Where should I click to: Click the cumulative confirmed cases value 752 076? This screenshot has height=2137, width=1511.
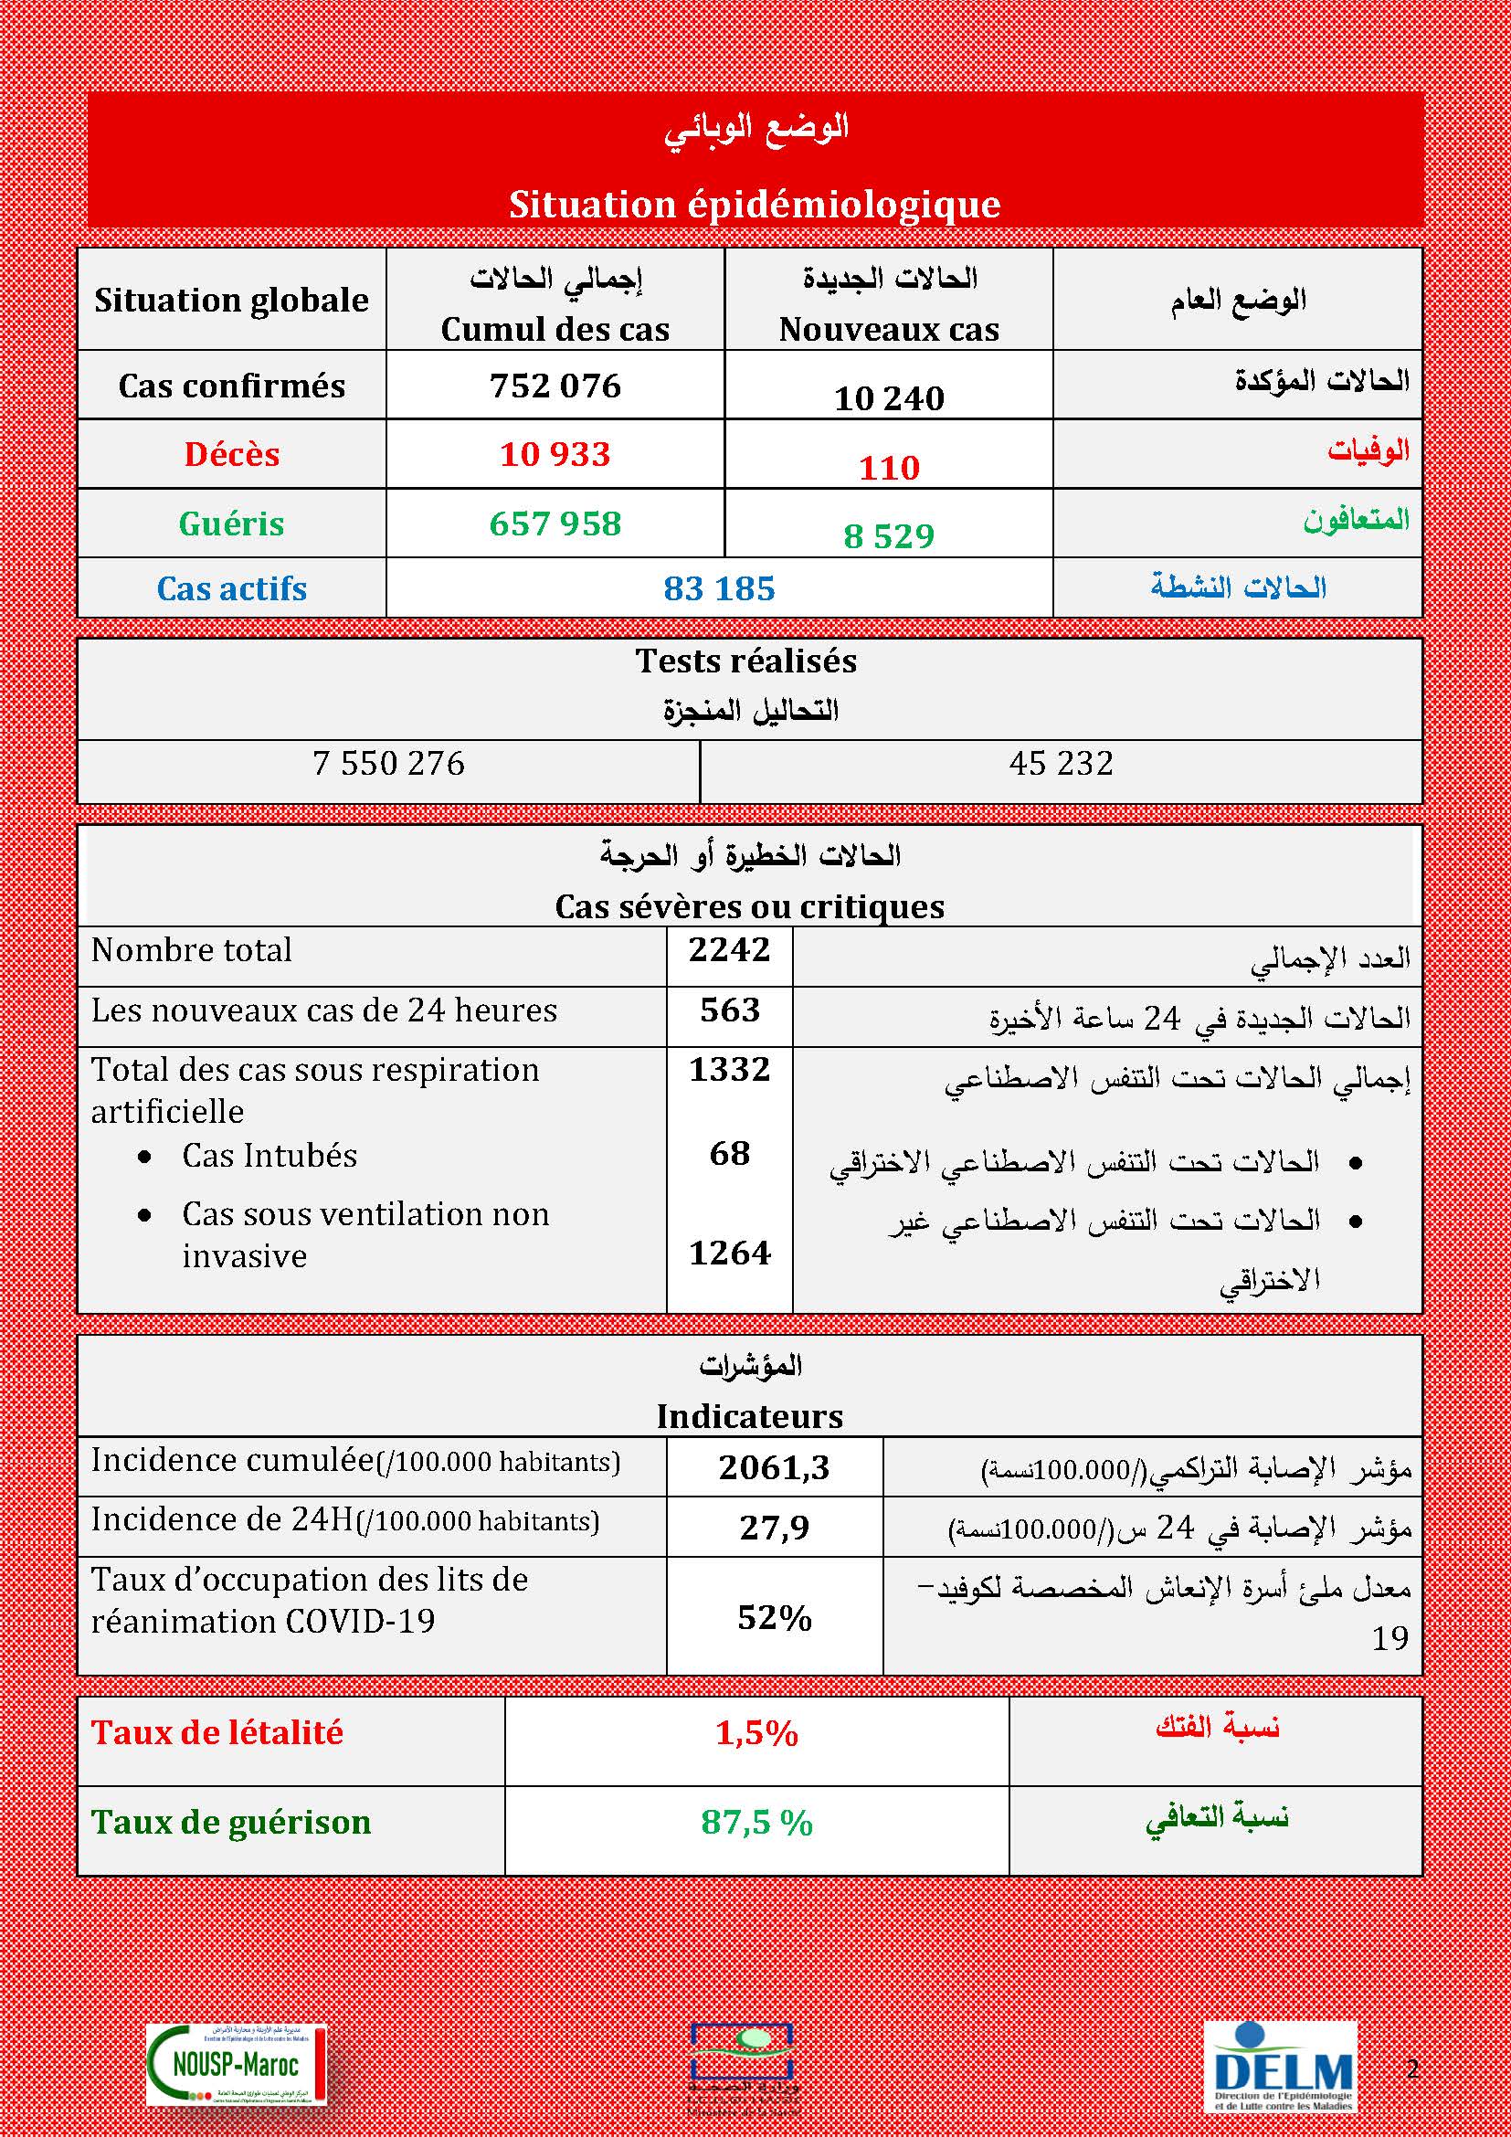coord(555,386)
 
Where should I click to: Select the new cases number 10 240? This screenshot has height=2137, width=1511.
coord(889,398)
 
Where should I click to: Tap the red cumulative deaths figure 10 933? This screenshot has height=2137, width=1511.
coord(555,454)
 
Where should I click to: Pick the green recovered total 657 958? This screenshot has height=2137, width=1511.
coord(555,524)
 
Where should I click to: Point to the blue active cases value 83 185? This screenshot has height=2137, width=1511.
coord(719,588)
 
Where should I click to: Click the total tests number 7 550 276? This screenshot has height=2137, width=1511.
coord(388,763)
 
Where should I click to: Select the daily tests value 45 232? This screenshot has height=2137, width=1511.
coord(1061,763)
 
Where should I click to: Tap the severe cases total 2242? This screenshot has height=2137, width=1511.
coord(729,950)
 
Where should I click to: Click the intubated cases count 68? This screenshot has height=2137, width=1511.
coord(729,1154)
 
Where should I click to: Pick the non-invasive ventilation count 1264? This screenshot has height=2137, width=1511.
coord(729,1253)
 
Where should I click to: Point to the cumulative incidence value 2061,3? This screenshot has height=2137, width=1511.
coord(773,1468)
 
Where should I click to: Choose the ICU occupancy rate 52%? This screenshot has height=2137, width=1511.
coord(773,1618)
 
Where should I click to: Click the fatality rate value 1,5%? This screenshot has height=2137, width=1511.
coord(756,1733)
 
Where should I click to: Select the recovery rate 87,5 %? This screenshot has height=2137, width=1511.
coord(756,1822)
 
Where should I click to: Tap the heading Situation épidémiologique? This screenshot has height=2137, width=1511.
coord(755,204)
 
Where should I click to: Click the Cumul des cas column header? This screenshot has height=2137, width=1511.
coord(555,329)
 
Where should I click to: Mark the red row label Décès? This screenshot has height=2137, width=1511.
coord(232,454)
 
